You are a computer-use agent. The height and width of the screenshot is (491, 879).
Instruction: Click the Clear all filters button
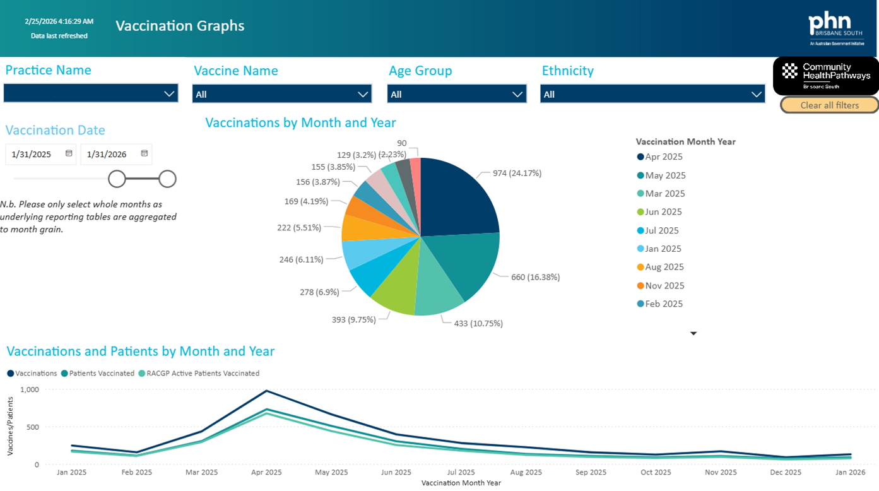pos(829,105)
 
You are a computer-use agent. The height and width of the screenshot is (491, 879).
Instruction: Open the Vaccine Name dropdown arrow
pos(363,94)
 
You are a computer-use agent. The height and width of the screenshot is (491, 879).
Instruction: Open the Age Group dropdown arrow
pos(517,94)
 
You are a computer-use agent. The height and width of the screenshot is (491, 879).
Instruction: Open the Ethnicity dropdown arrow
pos(756,94)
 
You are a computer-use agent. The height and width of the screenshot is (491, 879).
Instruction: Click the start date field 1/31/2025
pos(32,154)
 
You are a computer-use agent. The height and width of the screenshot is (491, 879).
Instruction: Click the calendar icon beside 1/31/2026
pos(145,153)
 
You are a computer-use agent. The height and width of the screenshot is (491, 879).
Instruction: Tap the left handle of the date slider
pos(117,179)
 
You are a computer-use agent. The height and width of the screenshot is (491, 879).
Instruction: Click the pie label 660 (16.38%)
pos(535,277)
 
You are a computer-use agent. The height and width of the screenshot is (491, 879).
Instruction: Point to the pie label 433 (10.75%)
pos(478,323)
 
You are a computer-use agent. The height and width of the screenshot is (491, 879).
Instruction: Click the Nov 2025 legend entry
pos(661,286)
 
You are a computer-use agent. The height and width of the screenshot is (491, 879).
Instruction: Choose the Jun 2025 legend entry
pos(659,212)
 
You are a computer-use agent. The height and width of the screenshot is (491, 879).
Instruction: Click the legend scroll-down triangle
pos(693,334)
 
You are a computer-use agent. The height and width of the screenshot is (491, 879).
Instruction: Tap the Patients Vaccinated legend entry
pos(98,373)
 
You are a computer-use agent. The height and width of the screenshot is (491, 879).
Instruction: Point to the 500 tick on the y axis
pos(33,427)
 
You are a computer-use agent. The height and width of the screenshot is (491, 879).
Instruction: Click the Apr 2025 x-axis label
pos(266,472)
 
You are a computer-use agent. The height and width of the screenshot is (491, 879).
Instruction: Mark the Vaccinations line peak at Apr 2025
pos(266,391)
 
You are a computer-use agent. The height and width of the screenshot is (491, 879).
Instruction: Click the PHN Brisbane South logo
pos(836,28)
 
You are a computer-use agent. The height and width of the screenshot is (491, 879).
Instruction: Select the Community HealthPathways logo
pos(825,76)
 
